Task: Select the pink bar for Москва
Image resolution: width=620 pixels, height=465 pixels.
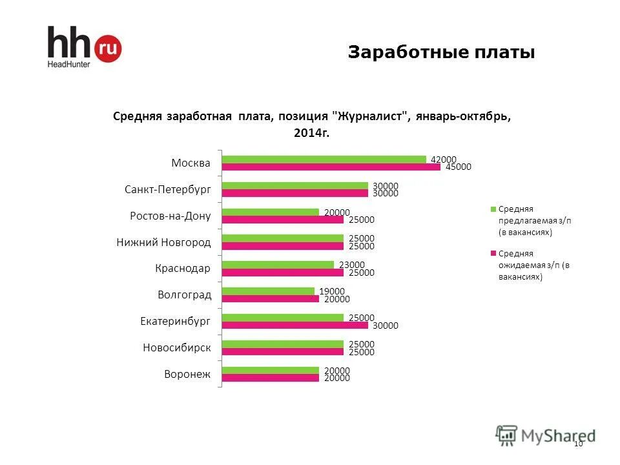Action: [x=330, y=167]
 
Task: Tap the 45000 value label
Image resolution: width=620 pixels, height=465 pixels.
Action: [x=458, y=167]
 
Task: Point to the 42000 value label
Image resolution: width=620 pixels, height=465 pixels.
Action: [x=444, y=159]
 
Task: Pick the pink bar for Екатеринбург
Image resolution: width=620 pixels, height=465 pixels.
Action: [x=294, y=325]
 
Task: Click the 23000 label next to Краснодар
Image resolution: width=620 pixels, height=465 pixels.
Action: [x=352, y=264]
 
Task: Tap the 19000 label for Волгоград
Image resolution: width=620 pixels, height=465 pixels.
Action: [x=332, y=291]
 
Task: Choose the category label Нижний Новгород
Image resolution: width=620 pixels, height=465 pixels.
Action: [x=164, y=242]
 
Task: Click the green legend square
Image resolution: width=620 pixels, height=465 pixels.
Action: [x=494, y=209]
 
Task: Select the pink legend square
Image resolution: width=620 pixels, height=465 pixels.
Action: [x=494, y=254]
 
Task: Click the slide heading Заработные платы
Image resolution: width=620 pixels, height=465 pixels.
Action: [x=441, y=52]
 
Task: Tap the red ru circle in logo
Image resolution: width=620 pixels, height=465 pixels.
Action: [x=108, y=48]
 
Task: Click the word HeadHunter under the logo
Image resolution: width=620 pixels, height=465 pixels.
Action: [x=68, y=64]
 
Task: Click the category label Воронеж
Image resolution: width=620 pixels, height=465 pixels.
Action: [x=188, y=374]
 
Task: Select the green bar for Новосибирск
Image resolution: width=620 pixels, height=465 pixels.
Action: [x=282, y=344]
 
